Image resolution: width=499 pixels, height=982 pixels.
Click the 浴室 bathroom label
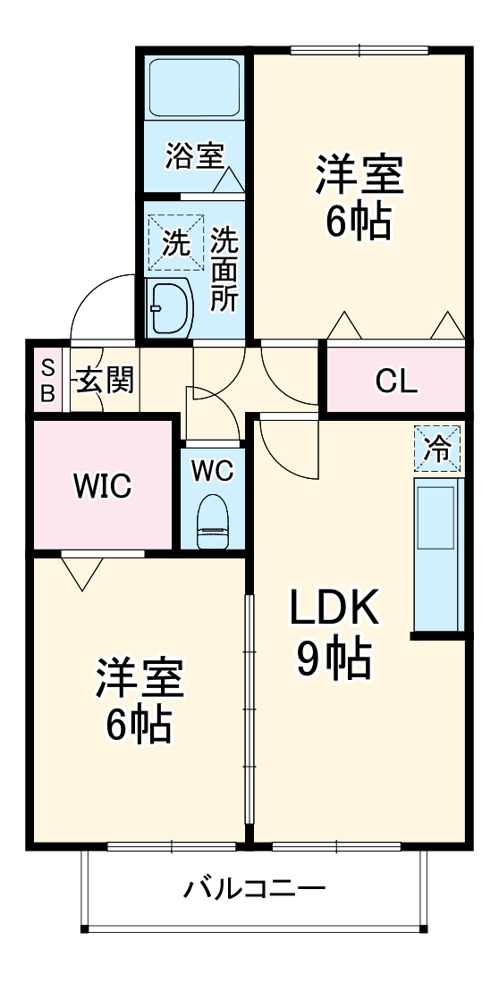(x=193, y=157)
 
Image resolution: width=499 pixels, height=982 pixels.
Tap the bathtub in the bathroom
(x=193, y=88)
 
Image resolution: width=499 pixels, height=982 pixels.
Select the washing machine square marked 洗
(x=175, y=242)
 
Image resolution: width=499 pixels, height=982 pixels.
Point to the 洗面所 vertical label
(x=224, y=269)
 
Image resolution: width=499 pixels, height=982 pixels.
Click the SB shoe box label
(x=48, y=380)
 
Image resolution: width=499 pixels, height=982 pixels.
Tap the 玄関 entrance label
(x=104, y=381)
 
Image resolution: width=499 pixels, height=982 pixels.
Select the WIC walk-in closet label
(x=102, y=486)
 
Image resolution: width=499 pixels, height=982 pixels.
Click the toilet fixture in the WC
(x=212, y=520)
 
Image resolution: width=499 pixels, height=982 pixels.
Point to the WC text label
(x=212, y=470)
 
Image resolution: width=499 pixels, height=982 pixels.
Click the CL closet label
(x=395, y=381)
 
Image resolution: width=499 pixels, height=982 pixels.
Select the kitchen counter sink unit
(x=438, y=556)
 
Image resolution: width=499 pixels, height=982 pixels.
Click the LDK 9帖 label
(x=334, y=633)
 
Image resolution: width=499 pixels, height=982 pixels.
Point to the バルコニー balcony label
(x=255, y=888)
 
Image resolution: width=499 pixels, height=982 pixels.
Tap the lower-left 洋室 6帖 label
(x=140, y=702)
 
